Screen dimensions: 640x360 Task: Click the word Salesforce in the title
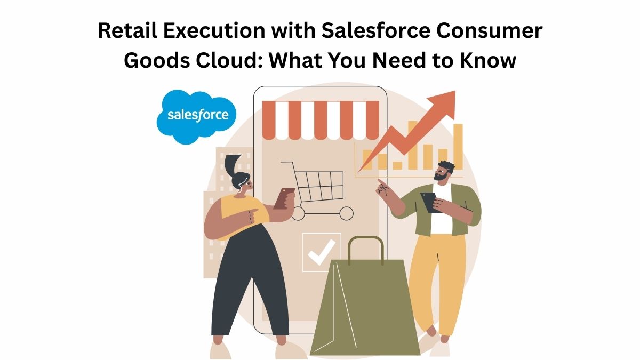376,30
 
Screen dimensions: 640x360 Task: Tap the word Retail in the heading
127,30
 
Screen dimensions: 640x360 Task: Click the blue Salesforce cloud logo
197,116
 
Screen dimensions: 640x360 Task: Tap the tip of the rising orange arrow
454,91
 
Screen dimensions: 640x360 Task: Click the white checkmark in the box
322,252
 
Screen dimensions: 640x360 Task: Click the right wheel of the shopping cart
346,213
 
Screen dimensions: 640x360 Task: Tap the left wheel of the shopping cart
298,213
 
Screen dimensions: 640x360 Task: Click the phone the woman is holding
284,198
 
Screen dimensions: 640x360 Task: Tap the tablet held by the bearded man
431,202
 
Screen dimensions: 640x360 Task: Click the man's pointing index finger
381,182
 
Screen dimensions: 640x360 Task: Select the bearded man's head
444,171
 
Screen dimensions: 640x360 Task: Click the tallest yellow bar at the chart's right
458,147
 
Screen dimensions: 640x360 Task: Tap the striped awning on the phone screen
321,121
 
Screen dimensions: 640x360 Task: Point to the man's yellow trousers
437,283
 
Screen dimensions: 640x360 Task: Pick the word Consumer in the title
490,30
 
